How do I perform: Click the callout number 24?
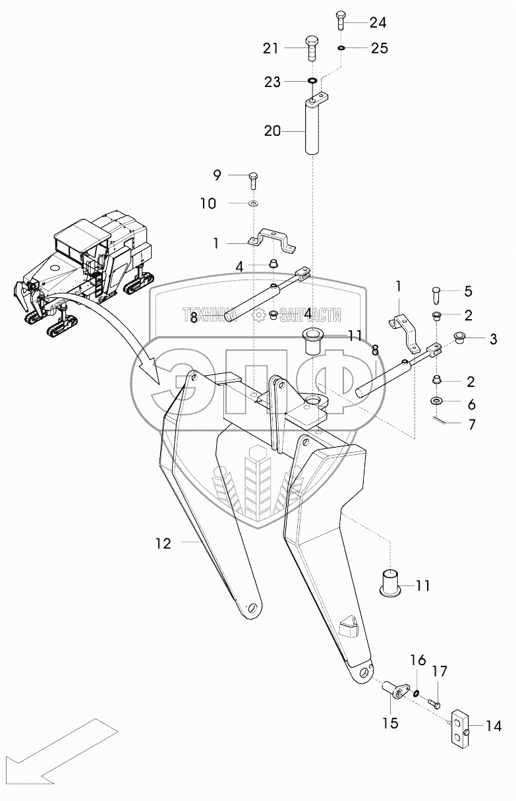pos(378,22)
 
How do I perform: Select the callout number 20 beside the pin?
pos(272,131)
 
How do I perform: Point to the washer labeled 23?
pos(312,82)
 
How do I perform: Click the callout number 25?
pos(379,48)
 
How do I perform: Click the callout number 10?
pos(208,204)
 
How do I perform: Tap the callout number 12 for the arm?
pos(163,544)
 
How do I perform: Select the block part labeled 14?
pos(459,729)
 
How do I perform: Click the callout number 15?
pos(390,723)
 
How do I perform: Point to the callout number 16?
pos(418,661)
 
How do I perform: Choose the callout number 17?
pos(440,672)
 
